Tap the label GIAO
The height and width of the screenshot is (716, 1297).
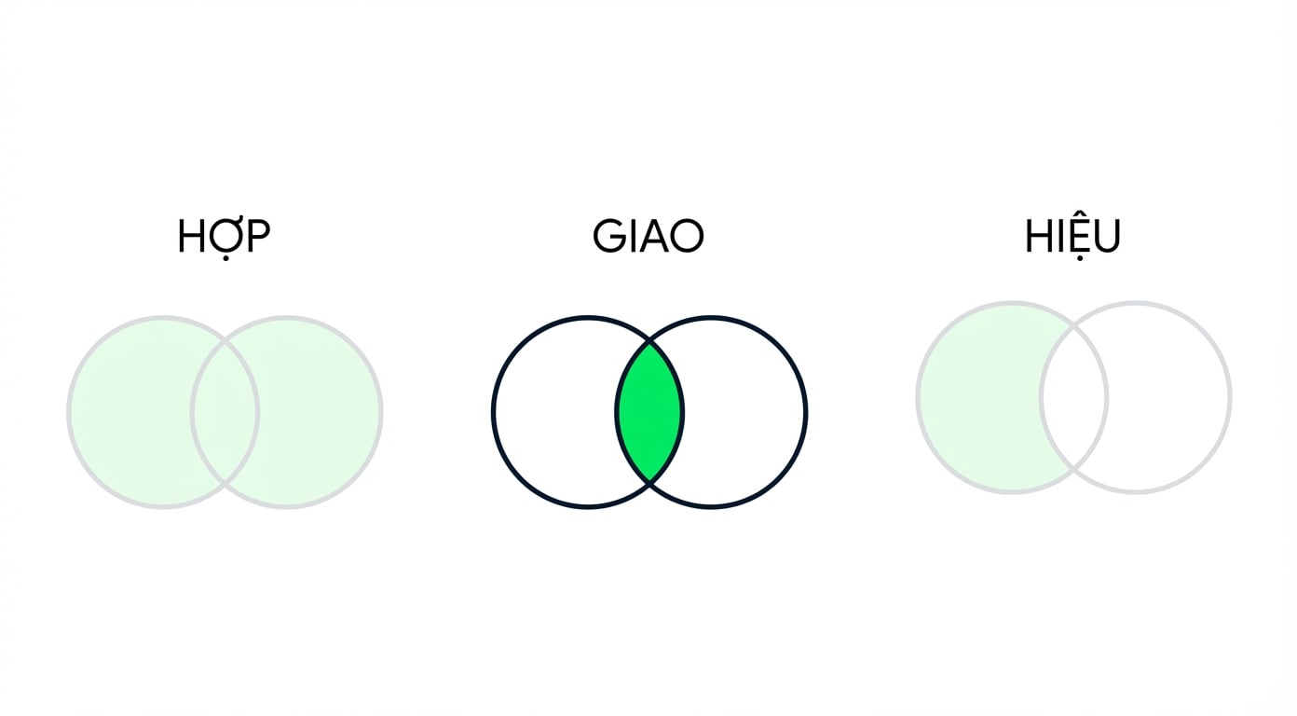pyautogui.click(x=648, y=236)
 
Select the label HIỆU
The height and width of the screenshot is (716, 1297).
pyautogui.click(x=1072, y=237)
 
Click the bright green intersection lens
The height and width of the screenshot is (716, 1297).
pyautogui.click(x=649, y=412)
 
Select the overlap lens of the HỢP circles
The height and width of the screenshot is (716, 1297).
pyautogui.click(x=225, y=412)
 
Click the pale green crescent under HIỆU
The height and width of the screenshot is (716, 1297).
pyautogui.click(x=979, y=398)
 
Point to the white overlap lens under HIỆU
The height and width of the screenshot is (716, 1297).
pyautogui.click(x=1073, y=398)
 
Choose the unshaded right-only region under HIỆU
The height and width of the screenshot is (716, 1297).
pyautogui.click(x=1168, y=398)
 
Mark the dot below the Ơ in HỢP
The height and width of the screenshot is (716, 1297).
pyautogui.click(x=225, y=257)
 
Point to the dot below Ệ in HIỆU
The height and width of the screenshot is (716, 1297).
pyautogui.click(x=1079, y=258)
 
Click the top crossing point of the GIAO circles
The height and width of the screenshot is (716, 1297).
pyautogui.click(x=649, y=343)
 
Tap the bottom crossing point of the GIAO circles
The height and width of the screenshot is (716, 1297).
pyautogui.click(x=649, y=481)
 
